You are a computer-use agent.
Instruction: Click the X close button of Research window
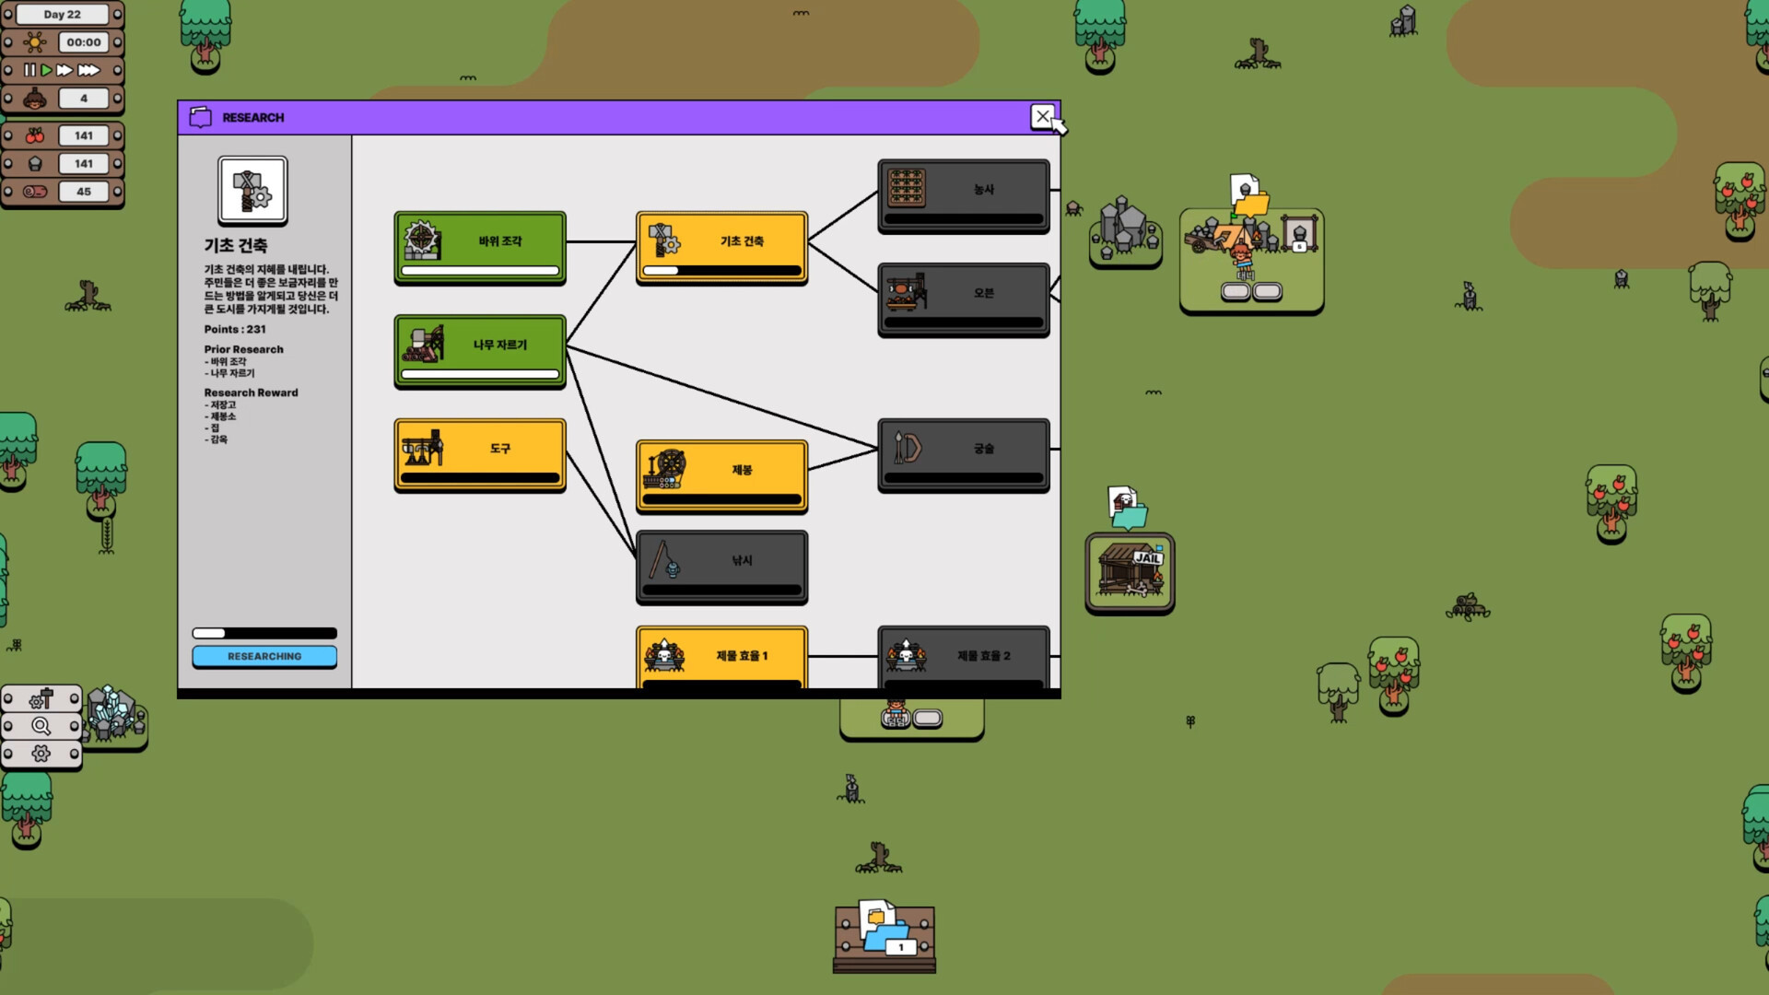(1042, 117)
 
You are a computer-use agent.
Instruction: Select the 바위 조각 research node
(480, 247)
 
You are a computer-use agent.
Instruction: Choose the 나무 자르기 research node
(480, 351)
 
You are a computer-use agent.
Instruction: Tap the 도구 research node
(480, 454)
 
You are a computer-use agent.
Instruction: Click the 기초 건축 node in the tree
(721, 247)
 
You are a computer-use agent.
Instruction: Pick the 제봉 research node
(721, 475)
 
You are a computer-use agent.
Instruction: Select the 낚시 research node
(721, 566)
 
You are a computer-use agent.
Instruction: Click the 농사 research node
(963, 195)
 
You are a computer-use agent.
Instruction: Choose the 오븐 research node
(963, 298)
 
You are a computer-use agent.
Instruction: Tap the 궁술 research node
(963, 454)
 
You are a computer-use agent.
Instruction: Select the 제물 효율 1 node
(721, 658)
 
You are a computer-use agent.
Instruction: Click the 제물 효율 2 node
(963, 658)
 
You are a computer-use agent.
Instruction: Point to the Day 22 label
(63, 15)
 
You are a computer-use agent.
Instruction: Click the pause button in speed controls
(29, 70)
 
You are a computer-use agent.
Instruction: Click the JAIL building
(1130, 572)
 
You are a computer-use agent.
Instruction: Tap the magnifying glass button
(41, 726)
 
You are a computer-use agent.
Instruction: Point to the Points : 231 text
(235, 329)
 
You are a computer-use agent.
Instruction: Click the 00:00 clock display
(84, 42)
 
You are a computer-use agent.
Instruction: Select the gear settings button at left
(41, 754)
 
